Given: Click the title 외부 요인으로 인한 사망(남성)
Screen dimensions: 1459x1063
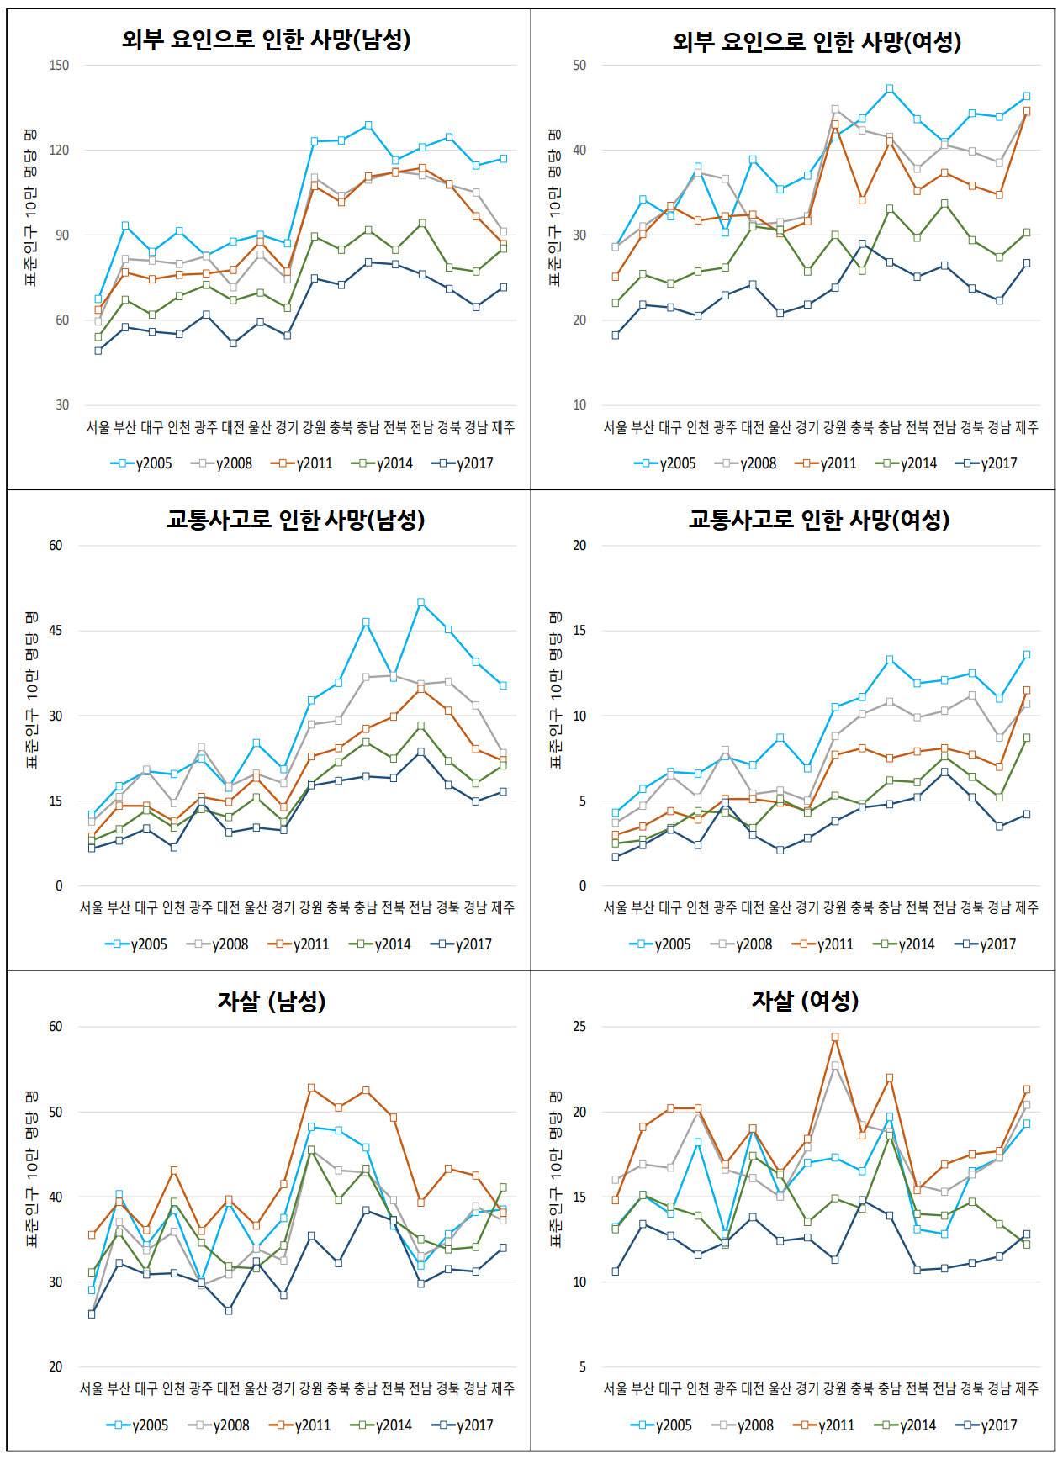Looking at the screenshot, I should pos(266,40).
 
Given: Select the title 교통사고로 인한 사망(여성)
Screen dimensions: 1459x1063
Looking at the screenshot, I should pos(818,520).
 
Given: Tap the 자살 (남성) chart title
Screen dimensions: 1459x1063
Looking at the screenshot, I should pos(271,1001).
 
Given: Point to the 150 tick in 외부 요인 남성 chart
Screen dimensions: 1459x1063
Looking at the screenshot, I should pos(59,66).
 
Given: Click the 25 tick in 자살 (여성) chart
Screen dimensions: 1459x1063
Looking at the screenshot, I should pos(579,1027).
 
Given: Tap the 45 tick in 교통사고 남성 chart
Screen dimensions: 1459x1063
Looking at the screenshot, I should pos(56,631).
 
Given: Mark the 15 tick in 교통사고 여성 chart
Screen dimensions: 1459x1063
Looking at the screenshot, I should pos(579,631).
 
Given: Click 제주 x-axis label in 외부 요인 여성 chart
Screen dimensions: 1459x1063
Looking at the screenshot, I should pos(1026,427).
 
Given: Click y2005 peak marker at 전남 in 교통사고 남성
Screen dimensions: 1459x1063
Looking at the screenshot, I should pos(420,602).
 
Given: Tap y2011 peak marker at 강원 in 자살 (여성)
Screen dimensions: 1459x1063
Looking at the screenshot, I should pos(834,1037).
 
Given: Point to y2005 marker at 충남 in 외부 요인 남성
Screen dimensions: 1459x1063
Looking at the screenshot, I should pos(368,125).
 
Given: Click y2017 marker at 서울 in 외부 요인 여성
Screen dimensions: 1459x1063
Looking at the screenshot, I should pos(616,335).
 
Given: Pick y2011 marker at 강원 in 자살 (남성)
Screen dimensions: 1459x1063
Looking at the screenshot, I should pos(311,1087).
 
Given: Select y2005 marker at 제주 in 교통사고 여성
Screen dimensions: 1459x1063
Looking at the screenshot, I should pos(1026,654).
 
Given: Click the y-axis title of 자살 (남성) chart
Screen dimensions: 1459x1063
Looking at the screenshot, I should pos(31,1169).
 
